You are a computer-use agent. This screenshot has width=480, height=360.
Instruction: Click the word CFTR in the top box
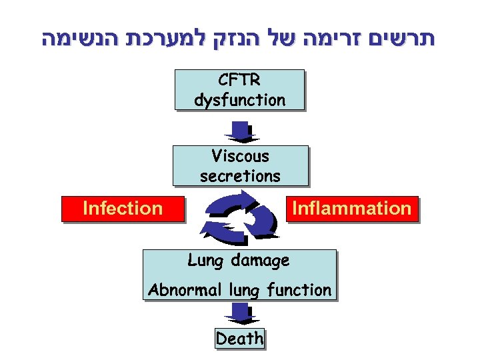239,80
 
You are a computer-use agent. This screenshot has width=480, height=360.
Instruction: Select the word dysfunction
239,100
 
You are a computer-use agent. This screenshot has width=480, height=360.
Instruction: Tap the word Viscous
240,156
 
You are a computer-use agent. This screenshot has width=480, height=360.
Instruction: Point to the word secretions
240,176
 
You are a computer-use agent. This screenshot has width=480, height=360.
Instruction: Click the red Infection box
122,209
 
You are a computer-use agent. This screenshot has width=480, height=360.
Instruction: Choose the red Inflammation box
352,209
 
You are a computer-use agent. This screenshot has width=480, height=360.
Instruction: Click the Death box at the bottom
239,339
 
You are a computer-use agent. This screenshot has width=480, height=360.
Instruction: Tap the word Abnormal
185,291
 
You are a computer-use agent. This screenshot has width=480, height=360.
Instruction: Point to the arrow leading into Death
239,312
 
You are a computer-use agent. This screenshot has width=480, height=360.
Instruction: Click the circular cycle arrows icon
239,215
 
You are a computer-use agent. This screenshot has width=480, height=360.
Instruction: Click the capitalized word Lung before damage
205,260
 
